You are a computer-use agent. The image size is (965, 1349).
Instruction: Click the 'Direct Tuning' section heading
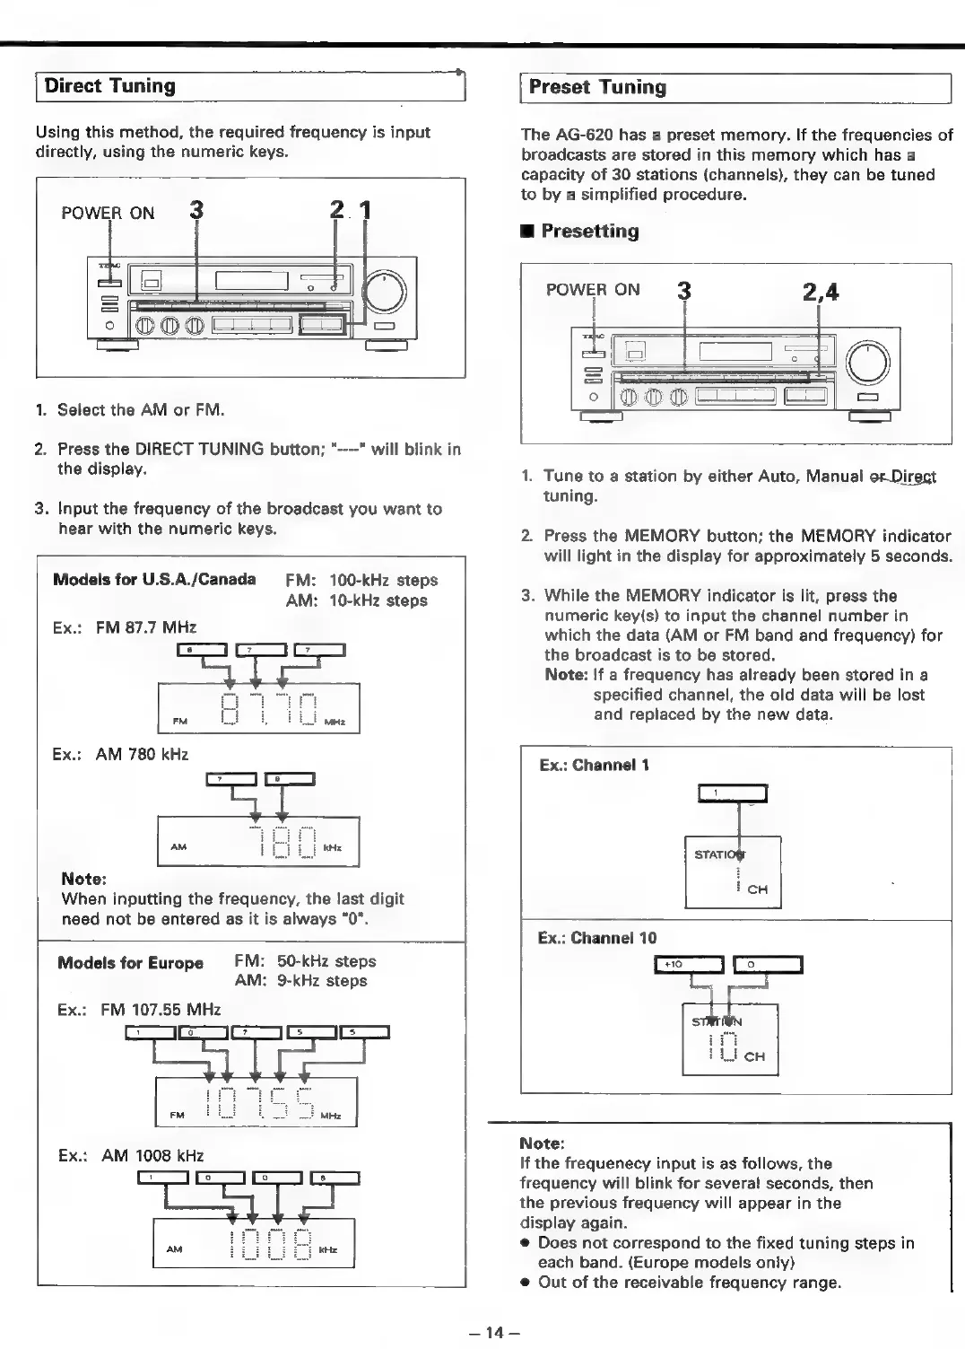pos(109,87)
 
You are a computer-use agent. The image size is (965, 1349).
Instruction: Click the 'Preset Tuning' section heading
pos(597,88)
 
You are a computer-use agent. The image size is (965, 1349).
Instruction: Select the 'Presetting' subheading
pos(589,232)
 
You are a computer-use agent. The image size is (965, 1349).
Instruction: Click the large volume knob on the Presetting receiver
pos(867,363)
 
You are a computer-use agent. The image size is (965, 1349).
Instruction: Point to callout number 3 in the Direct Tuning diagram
pos(196,211)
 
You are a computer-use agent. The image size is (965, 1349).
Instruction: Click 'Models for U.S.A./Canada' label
pos(154,579)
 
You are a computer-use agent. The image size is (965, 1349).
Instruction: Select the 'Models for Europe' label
pos(131,963)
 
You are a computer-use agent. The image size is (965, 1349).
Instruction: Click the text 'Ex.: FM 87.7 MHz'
pos(125,627)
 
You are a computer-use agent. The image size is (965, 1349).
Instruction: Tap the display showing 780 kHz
pos(258,843)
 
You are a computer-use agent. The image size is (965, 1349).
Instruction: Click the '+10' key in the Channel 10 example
pos(690,965)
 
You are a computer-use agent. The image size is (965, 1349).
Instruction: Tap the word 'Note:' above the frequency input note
pos(542,1144)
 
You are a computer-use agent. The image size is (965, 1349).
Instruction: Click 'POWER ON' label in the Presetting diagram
pos(593,290)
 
